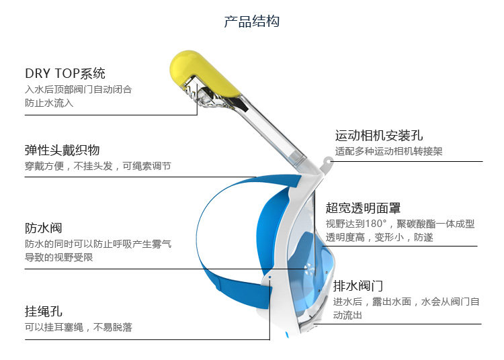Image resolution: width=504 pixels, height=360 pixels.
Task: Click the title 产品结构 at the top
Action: pos(251,21)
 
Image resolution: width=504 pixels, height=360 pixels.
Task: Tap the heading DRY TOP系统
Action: pos(65,73)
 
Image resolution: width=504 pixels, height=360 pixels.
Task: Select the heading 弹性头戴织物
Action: pos(62,150)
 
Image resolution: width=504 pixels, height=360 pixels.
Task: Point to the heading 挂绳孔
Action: pos(44,311)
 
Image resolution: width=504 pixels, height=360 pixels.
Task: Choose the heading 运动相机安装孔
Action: pos(379,136)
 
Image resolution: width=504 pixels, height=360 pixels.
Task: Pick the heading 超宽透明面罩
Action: pos(363,208)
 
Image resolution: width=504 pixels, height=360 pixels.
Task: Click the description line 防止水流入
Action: pos(50,103)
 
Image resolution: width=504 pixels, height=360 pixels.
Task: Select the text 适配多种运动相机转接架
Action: pos(388,152)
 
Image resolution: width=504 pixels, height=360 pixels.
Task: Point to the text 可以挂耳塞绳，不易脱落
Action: pos(79,327)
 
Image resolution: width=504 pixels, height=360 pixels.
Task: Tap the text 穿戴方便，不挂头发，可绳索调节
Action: pos(98,166)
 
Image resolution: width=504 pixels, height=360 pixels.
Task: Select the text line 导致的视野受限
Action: pos(59,257)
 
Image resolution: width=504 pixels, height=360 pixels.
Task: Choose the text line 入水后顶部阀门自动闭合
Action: pos(79,89)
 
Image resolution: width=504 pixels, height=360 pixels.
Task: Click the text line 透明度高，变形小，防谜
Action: pos(380,237)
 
